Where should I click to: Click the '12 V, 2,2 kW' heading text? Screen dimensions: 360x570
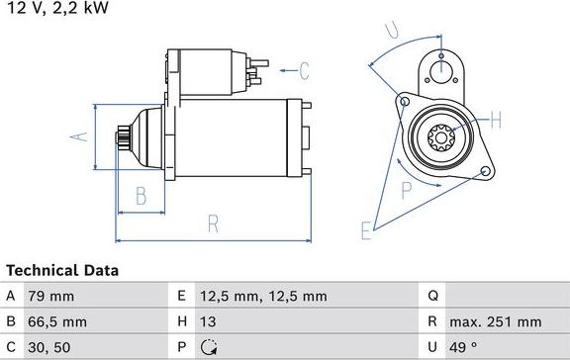point(56,8)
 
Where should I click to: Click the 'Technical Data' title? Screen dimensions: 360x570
point(62,270)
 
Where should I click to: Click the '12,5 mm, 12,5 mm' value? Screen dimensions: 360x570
point(264,296)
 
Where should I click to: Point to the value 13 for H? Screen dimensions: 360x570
point(209,321)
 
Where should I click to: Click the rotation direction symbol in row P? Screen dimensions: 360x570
point(208,347)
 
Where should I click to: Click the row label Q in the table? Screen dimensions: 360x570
point(432,296)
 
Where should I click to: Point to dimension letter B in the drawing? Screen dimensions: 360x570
point(142,194)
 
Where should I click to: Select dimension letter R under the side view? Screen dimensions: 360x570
point(213,225)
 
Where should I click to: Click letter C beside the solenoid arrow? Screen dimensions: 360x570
point(304,70)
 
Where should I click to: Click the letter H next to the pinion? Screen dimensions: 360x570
point(497,122)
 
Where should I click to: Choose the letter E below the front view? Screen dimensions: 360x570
point(365,231)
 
